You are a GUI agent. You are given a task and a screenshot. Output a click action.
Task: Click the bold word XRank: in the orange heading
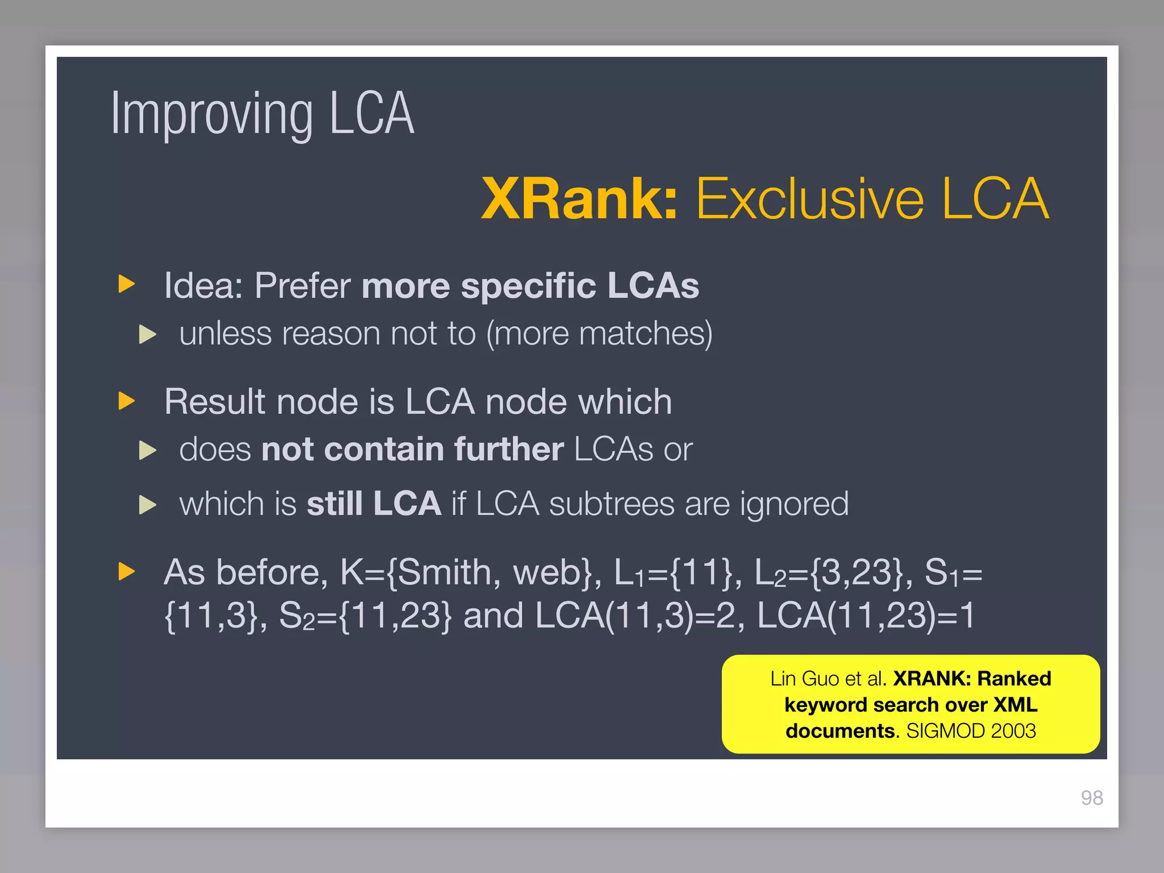(579, 198)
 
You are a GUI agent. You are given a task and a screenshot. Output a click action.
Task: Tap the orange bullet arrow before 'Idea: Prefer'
(126, 284)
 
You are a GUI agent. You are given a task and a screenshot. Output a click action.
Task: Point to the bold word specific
(529, 285)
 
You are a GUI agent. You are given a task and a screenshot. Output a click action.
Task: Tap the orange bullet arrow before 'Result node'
(126, 401)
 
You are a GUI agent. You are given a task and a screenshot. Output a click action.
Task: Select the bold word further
(509, 450)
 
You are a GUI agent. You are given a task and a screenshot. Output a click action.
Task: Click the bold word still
(335, 504)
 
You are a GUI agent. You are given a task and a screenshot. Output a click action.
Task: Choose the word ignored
(794, 505)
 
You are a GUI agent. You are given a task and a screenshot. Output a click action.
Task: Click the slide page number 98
(1092, 798)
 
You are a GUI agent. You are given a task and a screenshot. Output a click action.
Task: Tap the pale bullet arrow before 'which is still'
(148, 505)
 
